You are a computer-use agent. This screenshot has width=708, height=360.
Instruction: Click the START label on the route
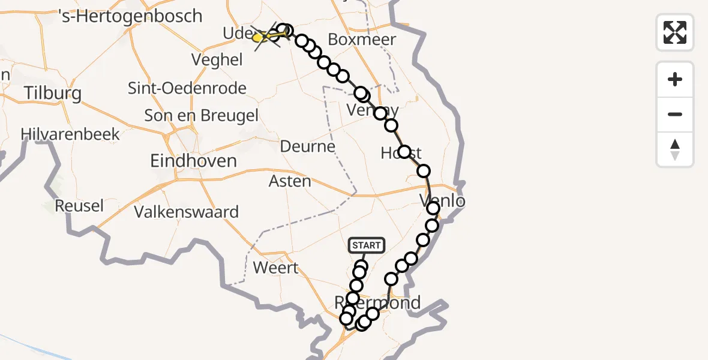tap(366, 245)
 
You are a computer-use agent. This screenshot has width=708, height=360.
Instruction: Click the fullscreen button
tap(675, 32)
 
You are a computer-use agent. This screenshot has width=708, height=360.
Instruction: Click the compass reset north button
tap(675, 149)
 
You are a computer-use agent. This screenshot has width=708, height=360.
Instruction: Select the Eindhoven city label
tap(193, 161)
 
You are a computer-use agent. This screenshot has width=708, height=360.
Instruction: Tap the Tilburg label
tap(53, 94)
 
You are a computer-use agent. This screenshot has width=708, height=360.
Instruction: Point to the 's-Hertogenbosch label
tap(131, 16)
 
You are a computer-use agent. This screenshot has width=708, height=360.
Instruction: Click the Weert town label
tap(276, 267)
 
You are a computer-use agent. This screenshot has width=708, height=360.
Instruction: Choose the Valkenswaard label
tap(187, 212)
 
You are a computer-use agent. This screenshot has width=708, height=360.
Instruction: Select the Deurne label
tap(308, 146)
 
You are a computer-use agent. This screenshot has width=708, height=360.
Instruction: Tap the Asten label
tap(290, 181)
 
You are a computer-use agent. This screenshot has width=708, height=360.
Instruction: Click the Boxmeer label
tap(362, 40)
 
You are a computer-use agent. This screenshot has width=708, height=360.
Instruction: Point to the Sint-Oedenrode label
tap(187, 89)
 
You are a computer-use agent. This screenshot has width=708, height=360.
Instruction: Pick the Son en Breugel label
tap(202, 115)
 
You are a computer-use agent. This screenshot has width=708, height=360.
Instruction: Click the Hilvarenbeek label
tap(71, 134)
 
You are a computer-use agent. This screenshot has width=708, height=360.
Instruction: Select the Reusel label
tap(79, 206)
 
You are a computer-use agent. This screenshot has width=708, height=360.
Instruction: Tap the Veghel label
tap(217, 60)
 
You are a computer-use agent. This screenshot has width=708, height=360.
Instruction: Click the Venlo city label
tap(443, 200)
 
